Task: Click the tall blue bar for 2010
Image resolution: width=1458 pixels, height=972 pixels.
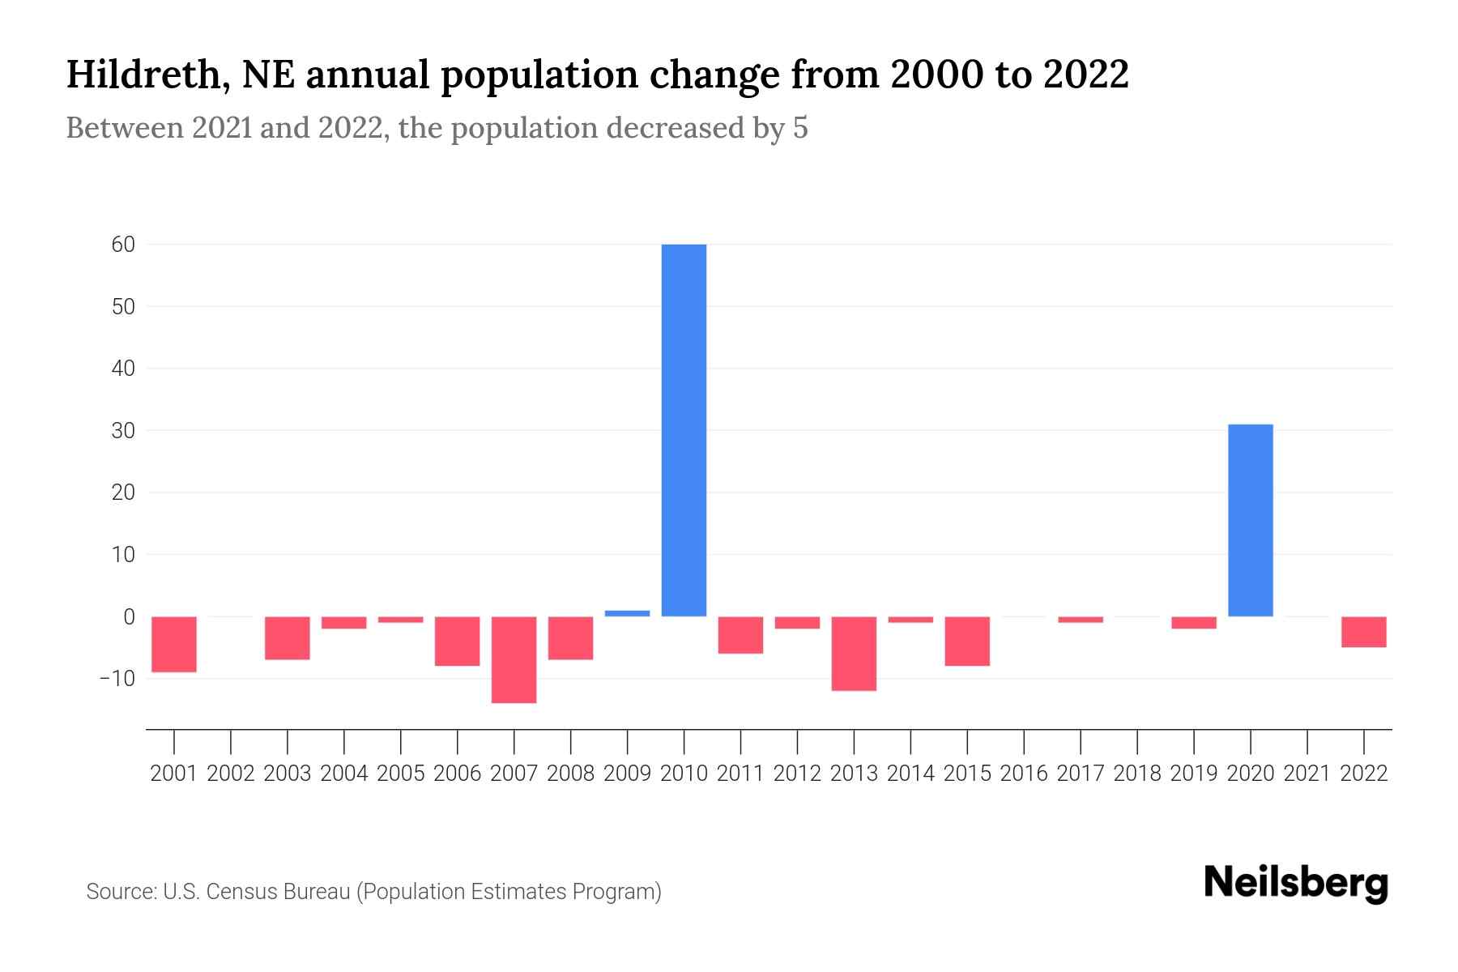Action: pyautogui.click(x=684, y=429)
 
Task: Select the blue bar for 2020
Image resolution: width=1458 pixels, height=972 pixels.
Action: pyautogui.click(x=1250, y=520)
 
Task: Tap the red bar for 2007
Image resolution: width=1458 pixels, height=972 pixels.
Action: pyautogui.click(x=514, y=659)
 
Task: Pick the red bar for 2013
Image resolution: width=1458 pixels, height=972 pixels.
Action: pyautogui.click(x=854, y=653)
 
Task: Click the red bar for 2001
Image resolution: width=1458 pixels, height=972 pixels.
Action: pyautogui.click(x=174, y=644)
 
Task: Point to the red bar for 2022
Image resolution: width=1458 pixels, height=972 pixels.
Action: pyautogui.click(x=1363, y=632)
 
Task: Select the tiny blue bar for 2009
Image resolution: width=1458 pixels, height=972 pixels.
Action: pyautogui.click(x=627, y=613)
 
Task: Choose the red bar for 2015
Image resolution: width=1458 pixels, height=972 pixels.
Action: pyautogui.click(x=967, y=641)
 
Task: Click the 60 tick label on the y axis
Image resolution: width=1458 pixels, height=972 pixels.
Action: pyautogui.click(x=123, y=245)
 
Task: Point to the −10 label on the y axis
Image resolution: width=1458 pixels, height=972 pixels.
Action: pyautogui.click(x=117, y=678)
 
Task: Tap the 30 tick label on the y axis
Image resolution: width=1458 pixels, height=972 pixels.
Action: pyautogui.click(x=123, y=431)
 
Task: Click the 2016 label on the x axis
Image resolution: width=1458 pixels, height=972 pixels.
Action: pyautogui.click(x=1024, y=774)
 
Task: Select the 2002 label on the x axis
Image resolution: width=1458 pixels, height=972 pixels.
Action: pyautogui.click(x=231, y=774)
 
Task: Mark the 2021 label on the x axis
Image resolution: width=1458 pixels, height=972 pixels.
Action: pyautogui.click(x=1307, y=774)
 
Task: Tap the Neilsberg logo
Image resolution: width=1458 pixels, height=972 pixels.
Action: pyautogui.click(x=1295, y=884)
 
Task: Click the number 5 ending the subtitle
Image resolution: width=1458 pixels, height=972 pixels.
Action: pyautogui.click(x=800, y=128)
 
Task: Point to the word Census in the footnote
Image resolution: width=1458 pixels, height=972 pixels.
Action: pyautogui.click(x=238, y=892)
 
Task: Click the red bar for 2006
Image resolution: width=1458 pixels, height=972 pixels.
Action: pyautogui.click(x=457, y=641)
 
